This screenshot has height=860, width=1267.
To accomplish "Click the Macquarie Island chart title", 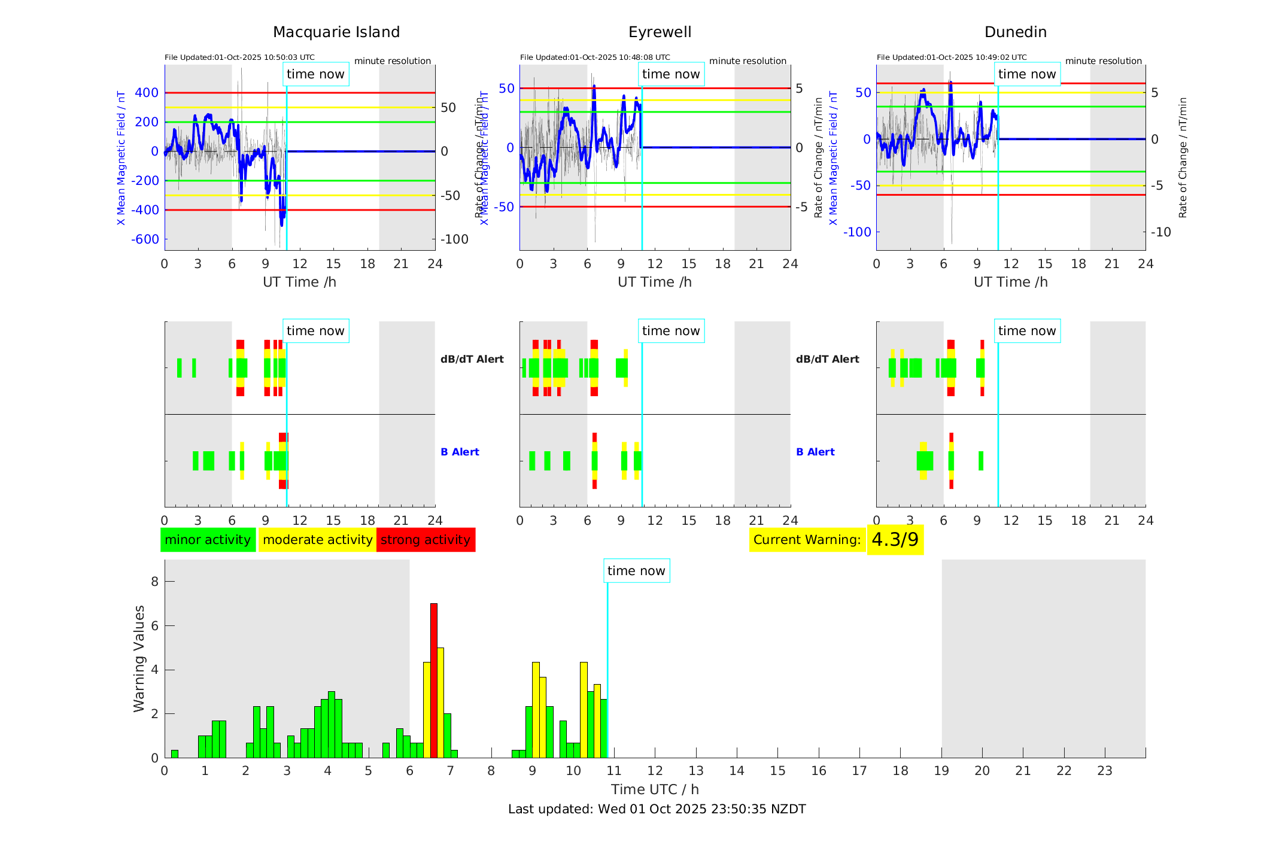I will [x=336, y=32].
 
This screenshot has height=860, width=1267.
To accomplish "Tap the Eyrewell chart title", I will [x=660, y=32].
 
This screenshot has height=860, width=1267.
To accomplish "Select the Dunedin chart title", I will [x=1015, y=32].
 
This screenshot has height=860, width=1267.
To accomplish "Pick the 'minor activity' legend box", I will [x=208, y=540].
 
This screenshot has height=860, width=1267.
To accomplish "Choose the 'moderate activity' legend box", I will [x=317, y=540].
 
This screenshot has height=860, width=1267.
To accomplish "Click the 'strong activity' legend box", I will [x=426, y=540].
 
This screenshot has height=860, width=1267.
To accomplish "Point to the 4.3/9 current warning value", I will [x=895, y=540].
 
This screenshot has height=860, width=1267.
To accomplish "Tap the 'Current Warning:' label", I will [x=807, y=540].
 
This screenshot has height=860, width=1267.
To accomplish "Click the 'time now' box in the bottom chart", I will [x=636, y=571].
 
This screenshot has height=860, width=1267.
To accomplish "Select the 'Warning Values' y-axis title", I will [x=139, y=658].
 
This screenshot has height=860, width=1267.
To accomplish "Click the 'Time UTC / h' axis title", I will [x=655, y=789].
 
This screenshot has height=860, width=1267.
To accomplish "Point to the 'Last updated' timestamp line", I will [x=657, y=809].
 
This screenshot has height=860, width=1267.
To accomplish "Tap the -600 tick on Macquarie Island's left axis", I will [x=145, y=239].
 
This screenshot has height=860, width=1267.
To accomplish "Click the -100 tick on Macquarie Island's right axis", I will [x=454, y=239].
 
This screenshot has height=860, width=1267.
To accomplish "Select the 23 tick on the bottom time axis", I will [x=1104, y=771].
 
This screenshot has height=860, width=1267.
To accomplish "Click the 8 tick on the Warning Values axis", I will [x=154, y=582].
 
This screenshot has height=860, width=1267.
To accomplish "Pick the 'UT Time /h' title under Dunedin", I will [x=1010, y=282].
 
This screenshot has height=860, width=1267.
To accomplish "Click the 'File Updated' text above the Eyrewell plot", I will [x=595, y=57].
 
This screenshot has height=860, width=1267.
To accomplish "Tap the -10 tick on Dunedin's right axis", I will [x=1162, y=232].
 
